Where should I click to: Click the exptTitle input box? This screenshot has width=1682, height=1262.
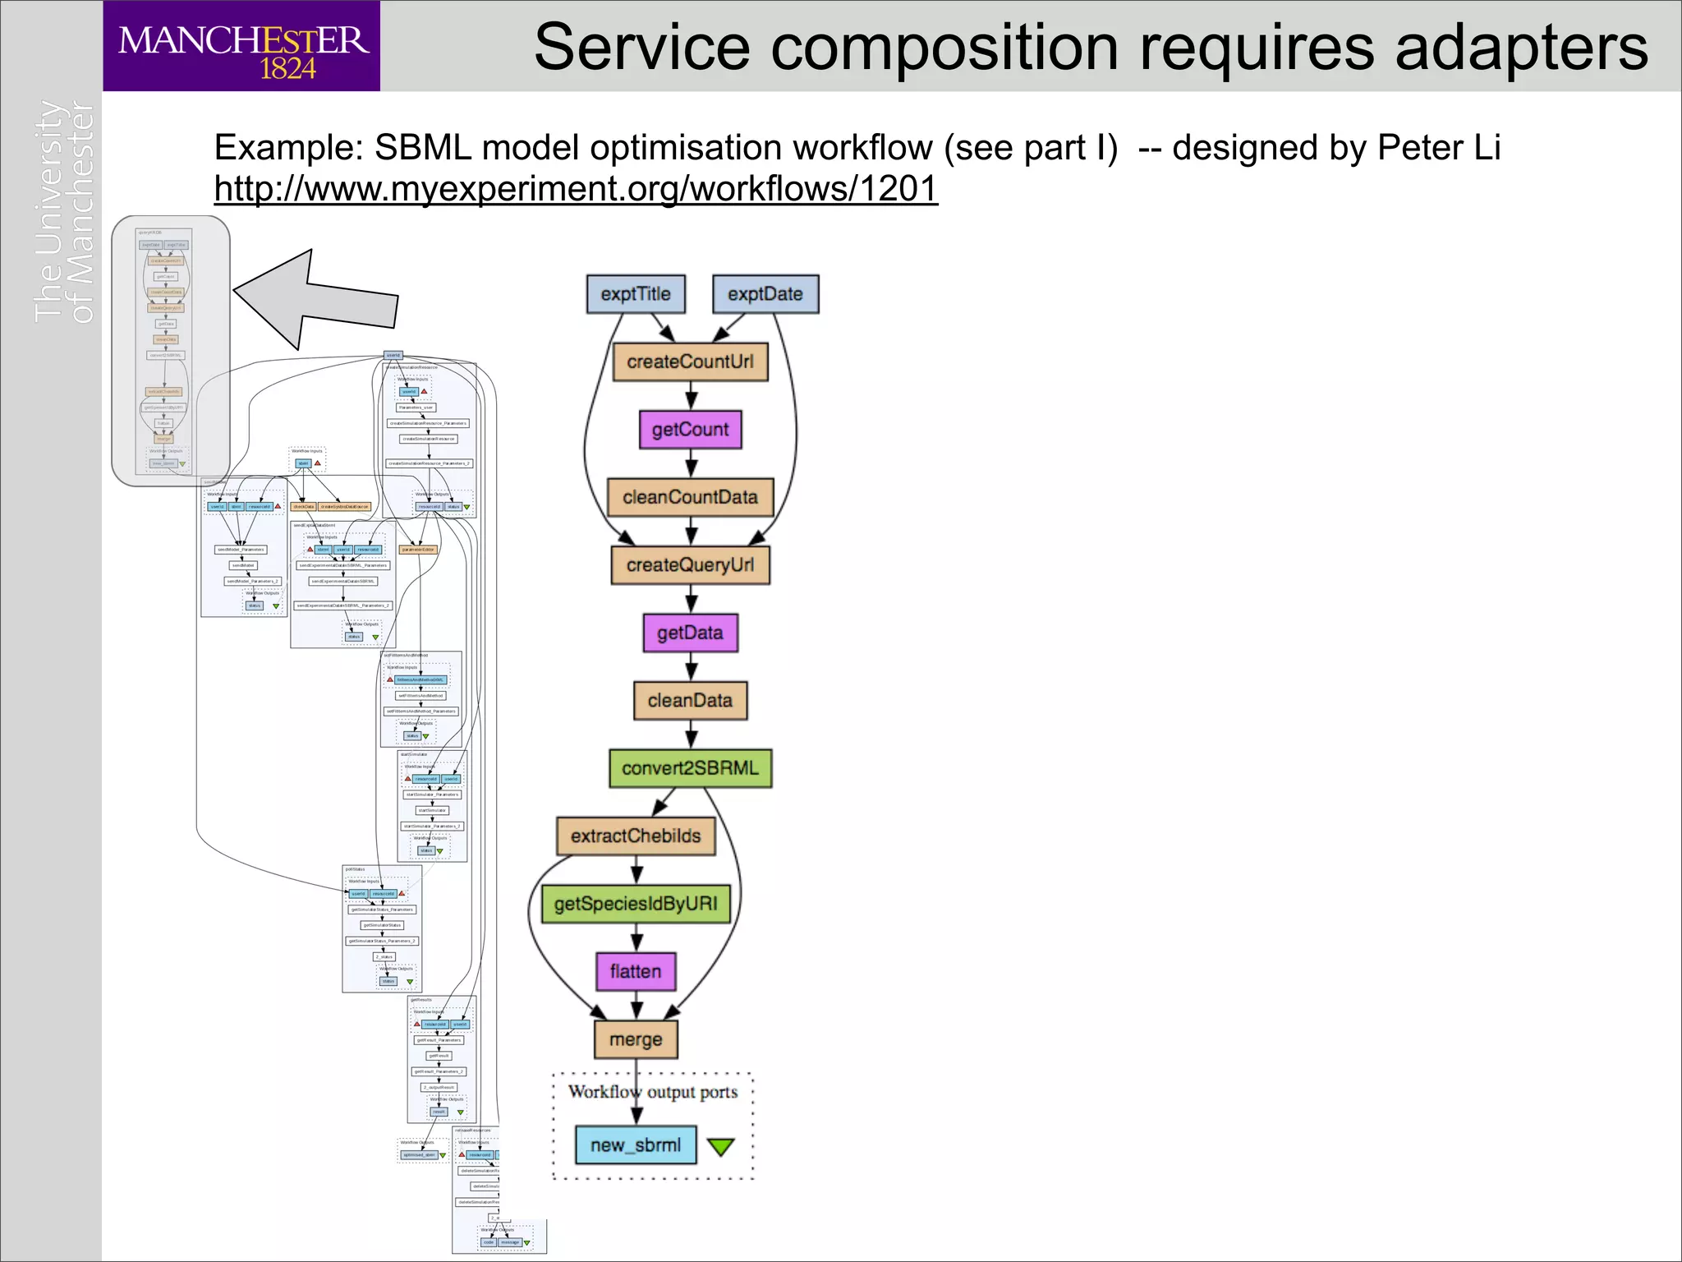coord(636,294)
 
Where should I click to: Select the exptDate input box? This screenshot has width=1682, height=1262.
coord(765,294)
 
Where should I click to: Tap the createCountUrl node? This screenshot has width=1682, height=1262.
coord(690,362)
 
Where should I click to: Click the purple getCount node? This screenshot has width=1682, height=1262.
coord(690,430)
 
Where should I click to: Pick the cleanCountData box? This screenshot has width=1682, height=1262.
coord(690,497)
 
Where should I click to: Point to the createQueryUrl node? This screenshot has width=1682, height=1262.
coord(690,565)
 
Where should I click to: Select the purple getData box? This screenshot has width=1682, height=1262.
coord(690,633)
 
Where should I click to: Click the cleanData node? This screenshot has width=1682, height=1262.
coord(690,701)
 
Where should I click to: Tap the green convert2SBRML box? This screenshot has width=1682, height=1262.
coord(690,768)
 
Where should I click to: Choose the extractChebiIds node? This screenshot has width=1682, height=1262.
coord(636,836)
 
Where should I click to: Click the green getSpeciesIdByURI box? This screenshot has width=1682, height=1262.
coord(636,904)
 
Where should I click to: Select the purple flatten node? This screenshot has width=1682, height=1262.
coord(636,972)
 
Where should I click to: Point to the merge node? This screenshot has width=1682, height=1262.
coord(636,1039)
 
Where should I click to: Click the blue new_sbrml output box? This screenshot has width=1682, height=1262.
coord(636,1145)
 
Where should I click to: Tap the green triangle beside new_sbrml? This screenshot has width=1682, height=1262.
coord(720,1146)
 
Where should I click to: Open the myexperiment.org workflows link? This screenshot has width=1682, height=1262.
coord(575,189)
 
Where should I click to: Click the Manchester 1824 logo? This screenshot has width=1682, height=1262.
coord(241,46)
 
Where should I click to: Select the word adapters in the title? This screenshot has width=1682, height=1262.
coord(1521,48)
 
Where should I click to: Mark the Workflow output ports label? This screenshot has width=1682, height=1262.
coord(653,1092)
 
